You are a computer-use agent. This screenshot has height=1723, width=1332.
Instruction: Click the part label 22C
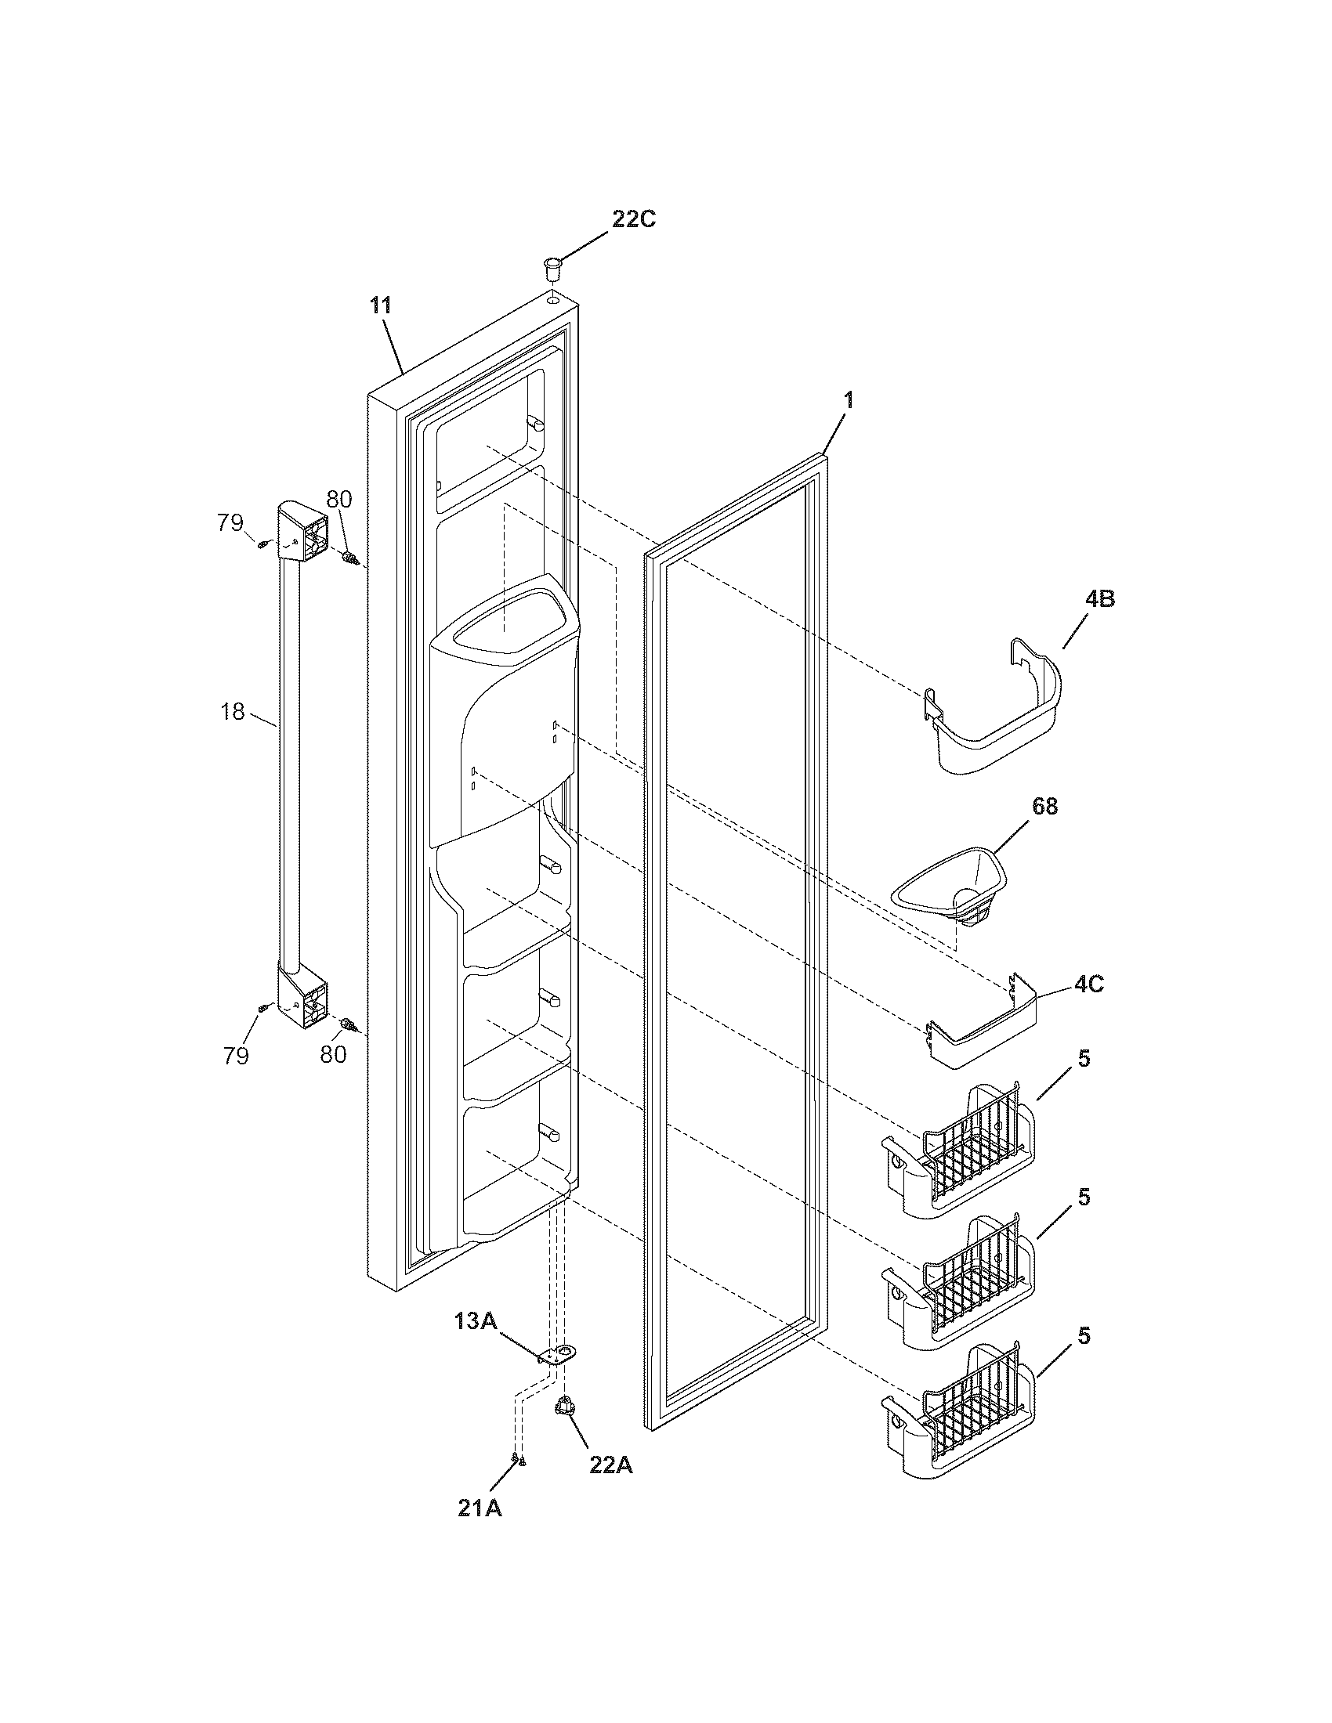[x=634, y=219]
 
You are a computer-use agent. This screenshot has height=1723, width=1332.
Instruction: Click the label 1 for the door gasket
[x=849, y=400]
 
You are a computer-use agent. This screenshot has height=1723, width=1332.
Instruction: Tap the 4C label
[x=1088, y=984]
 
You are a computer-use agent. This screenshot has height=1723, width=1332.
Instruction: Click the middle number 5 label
[x=1084, y=1197]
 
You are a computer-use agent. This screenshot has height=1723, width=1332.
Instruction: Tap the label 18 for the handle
[x=233, y=711]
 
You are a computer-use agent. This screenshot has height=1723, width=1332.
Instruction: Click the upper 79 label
[x=231, y=523]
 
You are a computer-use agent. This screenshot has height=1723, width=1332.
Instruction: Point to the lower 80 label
[x=333, y=1054]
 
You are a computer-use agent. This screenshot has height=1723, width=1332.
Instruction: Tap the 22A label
[x=610, y=1465]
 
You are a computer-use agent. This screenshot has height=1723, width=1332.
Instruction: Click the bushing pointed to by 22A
[x=564, y=1405]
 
